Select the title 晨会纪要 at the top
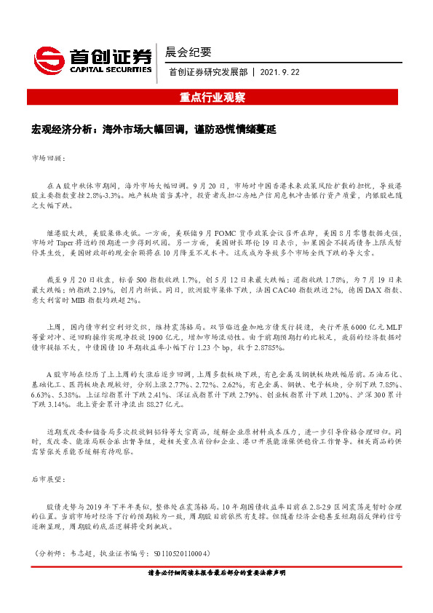[x=189, y=52]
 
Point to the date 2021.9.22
[x=280, y=72]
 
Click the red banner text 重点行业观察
[x=216, y=98]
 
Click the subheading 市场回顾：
[x=48, y=157]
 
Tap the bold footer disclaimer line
[x=216, y=573]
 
